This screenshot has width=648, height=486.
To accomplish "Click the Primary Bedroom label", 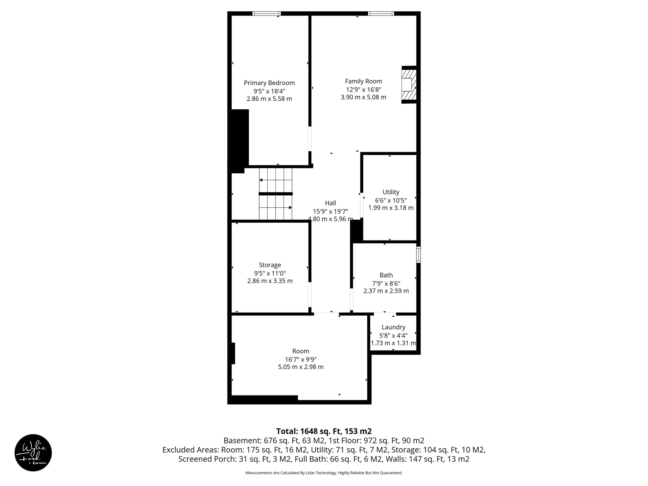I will [269, 83].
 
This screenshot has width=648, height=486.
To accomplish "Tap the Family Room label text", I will [363, 81].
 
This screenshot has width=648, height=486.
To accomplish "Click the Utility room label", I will [391, 192].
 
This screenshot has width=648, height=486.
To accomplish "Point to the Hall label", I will [330, 203].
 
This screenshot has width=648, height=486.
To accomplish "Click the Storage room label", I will [270, 265].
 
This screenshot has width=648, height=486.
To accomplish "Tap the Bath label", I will [386, 275].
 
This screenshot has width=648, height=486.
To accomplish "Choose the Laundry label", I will [393, 327].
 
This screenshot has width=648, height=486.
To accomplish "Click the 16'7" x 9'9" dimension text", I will [301, 359].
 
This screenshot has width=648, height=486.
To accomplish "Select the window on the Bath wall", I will [418, 255].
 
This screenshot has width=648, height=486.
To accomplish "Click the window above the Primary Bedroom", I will [266, 14].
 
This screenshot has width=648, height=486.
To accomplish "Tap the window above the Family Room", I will [381, 14].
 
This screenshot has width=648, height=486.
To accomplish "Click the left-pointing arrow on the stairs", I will [261, 180].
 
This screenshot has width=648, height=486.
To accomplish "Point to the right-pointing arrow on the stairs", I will [290, 208].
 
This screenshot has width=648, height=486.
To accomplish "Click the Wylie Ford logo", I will [33, 452].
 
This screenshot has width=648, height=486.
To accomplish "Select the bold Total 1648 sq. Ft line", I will [324, 431].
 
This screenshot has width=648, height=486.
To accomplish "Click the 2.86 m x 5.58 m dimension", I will [269, 99].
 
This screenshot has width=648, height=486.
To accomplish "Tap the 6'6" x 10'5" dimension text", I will [391, 200].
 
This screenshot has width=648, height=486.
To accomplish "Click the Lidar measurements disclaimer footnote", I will [324, 473].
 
